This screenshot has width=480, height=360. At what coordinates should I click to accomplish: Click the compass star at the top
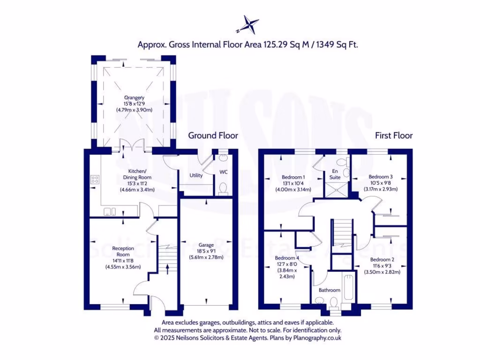tap(248, 24)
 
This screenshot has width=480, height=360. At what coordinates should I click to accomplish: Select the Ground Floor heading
tap(213, 135)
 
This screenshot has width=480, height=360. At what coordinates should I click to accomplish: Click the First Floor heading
tap(394, 135)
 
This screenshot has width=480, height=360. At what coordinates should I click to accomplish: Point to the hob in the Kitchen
tap(94, 180)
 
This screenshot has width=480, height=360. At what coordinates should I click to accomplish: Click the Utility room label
tap(196, 176)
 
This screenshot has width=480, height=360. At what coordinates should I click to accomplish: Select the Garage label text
tap(206, 245)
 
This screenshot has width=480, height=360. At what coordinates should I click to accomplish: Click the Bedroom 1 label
tap(293, 177)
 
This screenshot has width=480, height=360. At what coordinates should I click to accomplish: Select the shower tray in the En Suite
tap(337, 190)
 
